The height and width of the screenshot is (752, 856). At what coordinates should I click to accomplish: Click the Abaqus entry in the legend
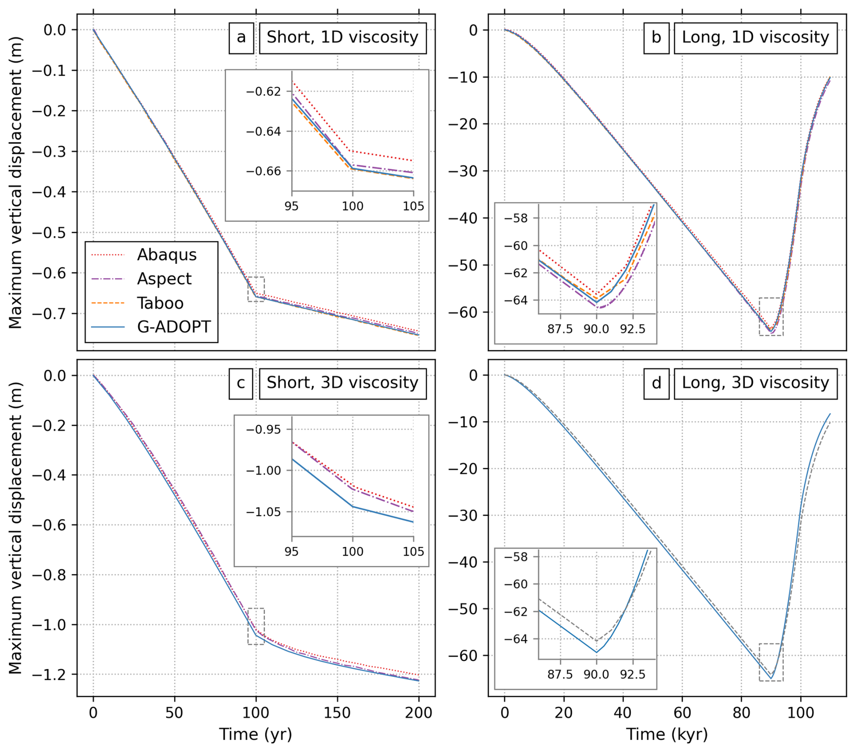166,255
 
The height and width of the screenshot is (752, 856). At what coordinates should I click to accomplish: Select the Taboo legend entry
160,303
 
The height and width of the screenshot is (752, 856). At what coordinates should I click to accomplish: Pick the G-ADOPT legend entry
174,327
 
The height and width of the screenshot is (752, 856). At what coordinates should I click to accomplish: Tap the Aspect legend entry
164,279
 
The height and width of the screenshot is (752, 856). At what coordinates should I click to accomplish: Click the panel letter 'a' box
241,38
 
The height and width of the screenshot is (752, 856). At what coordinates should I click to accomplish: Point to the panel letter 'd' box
656,384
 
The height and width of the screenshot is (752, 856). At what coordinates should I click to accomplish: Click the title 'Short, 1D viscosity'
342,38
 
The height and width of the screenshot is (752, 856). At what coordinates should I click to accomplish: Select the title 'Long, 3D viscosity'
755,384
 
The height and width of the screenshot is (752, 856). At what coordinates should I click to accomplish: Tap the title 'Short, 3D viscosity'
342,384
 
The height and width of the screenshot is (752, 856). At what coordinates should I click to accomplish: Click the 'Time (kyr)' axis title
667,734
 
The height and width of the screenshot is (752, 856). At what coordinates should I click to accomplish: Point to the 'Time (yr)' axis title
256,734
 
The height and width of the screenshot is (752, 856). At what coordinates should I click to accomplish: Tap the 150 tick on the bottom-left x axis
337,713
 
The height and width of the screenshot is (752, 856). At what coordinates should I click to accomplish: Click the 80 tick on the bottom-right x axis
741,713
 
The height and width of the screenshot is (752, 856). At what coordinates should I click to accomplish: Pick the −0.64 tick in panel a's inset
264,132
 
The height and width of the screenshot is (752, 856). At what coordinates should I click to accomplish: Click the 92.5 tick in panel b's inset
632,329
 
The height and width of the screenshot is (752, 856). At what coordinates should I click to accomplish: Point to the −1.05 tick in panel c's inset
264,512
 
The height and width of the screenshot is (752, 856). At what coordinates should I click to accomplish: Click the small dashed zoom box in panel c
256,626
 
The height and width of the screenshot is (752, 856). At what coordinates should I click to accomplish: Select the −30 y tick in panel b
463,171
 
